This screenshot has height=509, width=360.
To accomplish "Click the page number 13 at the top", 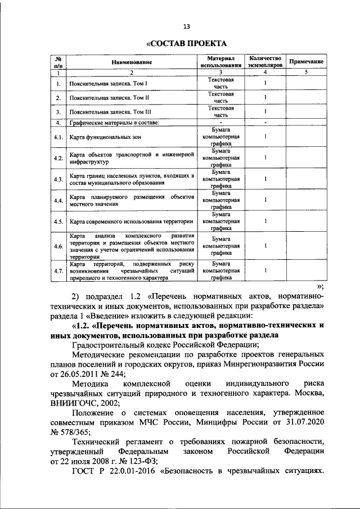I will click(x=187, y=25).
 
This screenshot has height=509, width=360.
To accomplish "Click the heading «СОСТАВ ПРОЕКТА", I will click(x=186, y=43).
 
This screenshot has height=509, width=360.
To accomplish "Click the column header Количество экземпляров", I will click(x=264, y=61).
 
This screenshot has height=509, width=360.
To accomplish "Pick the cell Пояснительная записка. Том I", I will click(x=109, y=84).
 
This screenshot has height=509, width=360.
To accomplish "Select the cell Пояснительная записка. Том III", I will click(x=110, y=111).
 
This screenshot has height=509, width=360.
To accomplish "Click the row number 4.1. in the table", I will click(x=57, y=137).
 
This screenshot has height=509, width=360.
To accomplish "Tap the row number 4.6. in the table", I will click(x=57, y=246).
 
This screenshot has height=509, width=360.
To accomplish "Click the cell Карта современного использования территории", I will click(x=131, y=221).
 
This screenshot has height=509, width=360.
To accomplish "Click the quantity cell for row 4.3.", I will click(x=264, y=179).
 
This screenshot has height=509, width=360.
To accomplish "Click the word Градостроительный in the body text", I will click(x=112, y=345).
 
